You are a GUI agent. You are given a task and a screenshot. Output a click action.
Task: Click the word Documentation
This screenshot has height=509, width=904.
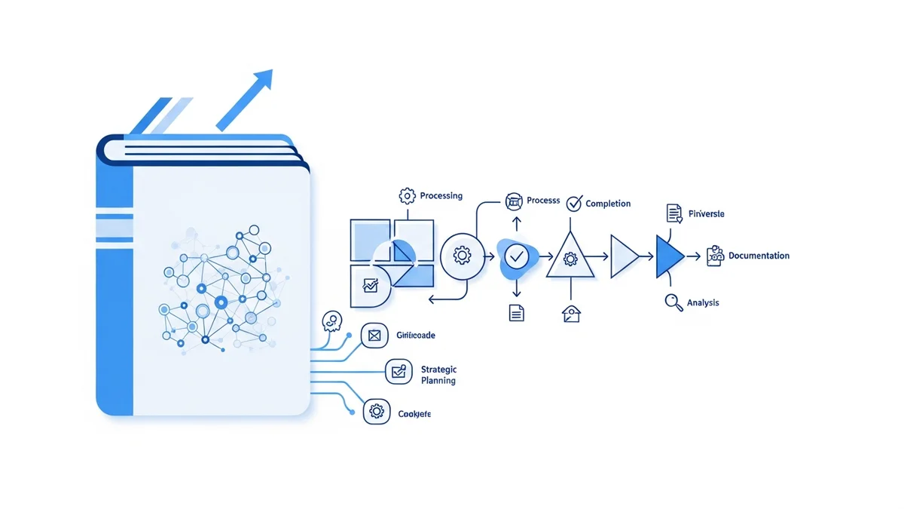759,256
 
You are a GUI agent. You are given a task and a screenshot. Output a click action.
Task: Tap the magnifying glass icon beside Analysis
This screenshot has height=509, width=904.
673,302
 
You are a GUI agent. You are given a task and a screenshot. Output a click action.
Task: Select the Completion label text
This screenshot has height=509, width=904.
608,204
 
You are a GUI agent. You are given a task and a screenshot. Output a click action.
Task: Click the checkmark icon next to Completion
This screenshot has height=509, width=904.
574,203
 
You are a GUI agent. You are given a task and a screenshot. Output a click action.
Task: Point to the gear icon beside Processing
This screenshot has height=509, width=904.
407,196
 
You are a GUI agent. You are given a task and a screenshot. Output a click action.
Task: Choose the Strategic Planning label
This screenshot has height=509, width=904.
438,375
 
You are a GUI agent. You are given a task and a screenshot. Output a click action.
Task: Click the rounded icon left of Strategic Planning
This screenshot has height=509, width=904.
399,372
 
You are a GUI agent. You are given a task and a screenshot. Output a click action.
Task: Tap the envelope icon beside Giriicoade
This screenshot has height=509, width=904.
374,336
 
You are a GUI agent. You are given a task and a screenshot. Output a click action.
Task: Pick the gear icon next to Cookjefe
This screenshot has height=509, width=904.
376,412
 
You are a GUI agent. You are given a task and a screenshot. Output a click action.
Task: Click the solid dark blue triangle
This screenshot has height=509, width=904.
667,257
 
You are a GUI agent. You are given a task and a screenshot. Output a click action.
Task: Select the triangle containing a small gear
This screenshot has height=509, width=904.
570,257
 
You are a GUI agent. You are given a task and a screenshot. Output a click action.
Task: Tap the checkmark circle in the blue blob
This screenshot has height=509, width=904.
517,256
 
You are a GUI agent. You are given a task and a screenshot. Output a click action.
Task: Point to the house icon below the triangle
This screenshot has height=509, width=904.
571,313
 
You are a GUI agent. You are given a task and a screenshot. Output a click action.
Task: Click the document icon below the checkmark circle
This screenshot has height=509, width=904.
517,312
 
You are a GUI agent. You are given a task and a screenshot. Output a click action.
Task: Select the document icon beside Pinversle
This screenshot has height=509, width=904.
674,213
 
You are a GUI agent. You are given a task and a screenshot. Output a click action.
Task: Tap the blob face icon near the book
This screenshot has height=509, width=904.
331,322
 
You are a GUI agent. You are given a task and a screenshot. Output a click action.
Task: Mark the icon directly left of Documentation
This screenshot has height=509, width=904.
715,256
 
